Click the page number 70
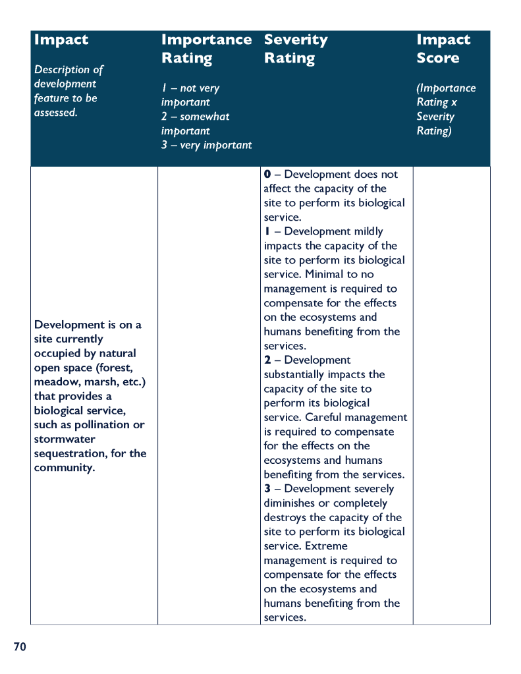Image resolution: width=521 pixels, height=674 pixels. pyautogui.click(x=20, y=647)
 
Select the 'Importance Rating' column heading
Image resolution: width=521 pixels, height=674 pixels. pyautogui.click(x=206, y=49)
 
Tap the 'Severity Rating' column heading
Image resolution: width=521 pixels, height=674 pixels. pyautogui.click(x=296, y=49)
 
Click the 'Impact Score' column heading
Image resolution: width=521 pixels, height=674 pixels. pyautogui.click(x=443, y=49)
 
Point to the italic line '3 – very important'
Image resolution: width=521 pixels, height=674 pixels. pyautogui.click(x=206, y=145)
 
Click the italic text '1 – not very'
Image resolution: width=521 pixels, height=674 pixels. pyautogui.click(x=190, y=88)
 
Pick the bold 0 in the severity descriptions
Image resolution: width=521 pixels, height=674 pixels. pyautogui.click(x=267, y=175)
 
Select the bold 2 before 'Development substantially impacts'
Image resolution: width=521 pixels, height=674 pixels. pyautogui.click(x=267, y=360)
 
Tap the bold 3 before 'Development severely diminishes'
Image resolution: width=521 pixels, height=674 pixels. pyautogui.click(x=267, y=489)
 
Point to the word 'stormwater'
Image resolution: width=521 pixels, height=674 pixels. pyautogui.click(x=65, y=439)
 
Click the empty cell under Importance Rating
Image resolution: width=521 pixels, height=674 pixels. pyautogui.click(x=208, y=395)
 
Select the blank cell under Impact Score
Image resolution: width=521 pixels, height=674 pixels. pyautogui.click(x=451, y=395)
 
